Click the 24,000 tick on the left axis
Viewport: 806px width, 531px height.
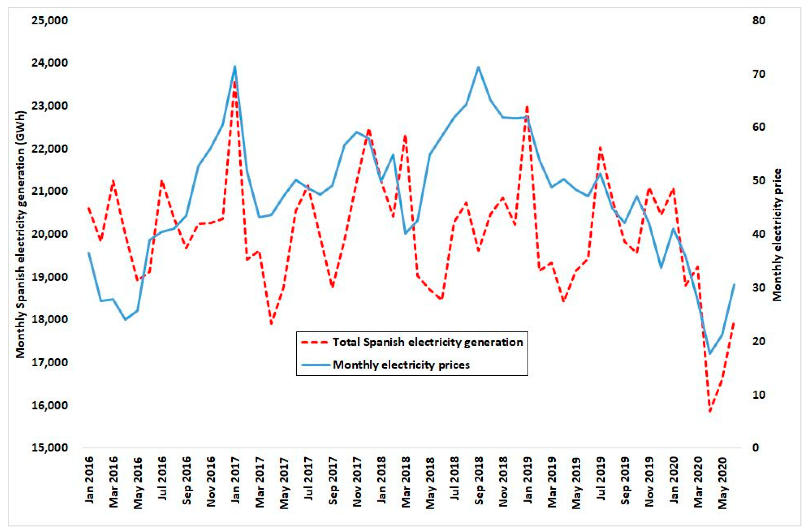coord(49,63)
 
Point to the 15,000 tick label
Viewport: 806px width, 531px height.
coord(49,447)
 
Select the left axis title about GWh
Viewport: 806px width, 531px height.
coord(21,234)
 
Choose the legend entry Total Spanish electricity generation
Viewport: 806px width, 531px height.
coord(427,342)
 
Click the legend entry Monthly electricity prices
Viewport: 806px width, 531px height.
coord(401,365)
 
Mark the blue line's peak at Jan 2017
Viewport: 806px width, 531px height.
coord(235,66)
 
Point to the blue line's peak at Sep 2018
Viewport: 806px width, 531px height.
coord(478,67)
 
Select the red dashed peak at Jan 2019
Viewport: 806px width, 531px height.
coord(527,106)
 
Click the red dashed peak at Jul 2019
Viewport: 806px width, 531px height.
coord(600,148)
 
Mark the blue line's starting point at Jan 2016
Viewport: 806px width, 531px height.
coord(89,253)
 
